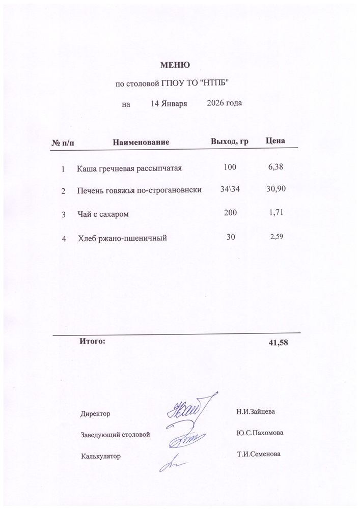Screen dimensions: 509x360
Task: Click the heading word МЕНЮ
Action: click(175, 65)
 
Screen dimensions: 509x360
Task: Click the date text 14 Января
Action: click(169, 103)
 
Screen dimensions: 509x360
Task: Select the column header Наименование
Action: click(141, 141)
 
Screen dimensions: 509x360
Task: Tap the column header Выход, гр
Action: click(229, 140)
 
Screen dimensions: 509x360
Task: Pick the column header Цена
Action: click(275, 140)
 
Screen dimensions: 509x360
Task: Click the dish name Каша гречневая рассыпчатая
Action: click(129, 168)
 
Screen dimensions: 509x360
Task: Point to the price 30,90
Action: click(276, 189)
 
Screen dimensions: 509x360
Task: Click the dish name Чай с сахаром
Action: click(103, 214)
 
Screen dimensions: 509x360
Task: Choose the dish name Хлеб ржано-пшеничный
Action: click(123, 238)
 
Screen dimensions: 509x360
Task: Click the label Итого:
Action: click(92, 341)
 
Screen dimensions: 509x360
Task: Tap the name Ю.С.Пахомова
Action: click(260, 433)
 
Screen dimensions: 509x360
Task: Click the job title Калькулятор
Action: click(100, 456)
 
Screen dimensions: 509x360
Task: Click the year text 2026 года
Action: click(225, 103)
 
